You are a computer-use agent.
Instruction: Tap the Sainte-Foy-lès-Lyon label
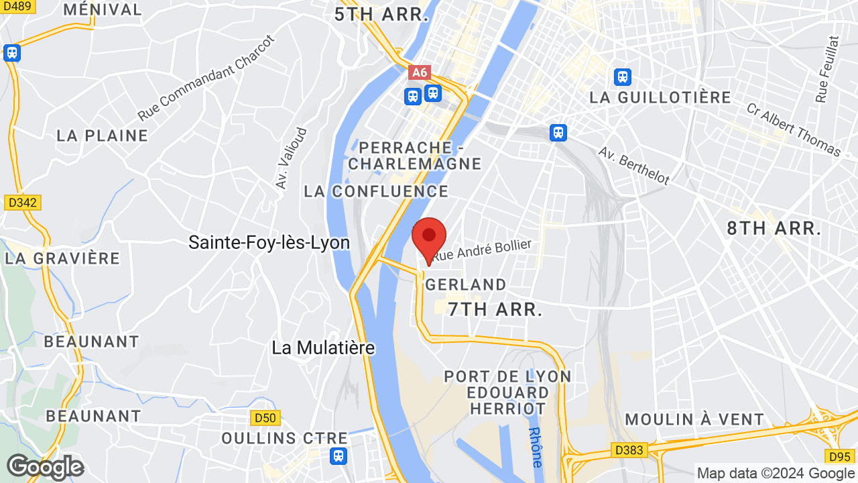(x=269, y=242)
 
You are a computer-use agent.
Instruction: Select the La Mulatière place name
(x=323, y=347)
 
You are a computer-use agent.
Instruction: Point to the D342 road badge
(x=22, y=202)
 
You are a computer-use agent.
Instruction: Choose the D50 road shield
(x=264, y=418)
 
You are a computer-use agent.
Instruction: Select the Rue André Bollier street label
(x=483, y=250)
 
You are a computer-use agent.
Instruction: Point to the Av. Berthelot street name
(x=634, y=166)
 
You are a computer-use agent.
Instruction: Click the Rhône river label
(x=536, y=447)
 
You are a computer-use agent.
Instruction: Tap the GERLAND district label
(x=466, y=284)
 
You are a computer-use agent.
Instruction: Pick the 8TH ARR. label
(x=774, y=228)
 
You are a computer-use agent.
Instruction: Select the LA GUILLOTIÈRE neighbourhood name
(x=660, y=98)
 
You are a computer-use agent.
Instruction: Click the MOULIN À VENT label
(x=694, y=420)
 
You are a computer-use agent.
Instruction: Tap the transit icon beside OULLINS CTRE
(x=339, y=456)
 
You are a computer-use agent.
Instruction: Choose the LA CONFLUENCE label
(x=376, y=191)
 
